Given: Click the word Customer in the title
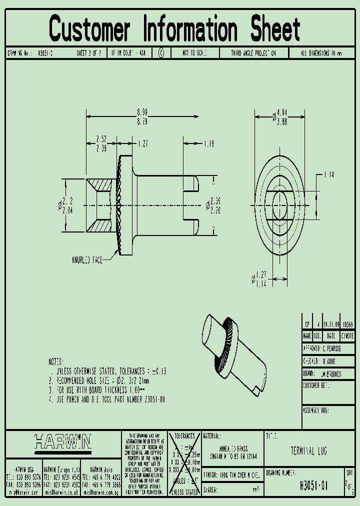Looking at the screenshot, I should point(90,28).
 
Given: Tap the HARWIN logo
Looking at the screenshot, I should point(62,441).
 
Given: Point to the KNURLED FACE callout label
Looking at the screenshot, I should point(87,259).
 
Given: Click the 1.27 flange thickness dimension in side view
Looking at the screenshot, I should point(143,143).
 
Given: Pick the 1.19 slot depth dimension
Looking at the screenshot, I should point(208,143).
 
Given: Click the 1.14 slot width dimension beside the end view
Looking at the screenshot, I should point(328,174).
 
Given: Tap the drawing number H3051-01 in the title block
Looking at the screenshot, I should point(313,484).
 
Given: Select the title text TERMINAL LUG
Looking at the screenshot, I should point(308,451).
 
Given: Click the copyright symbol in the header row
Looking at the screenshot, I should point(161,53).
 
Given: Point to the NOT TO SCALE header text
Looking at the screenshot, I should point(194,53).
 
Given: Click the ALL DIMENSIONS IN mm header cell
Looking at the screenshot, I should point(321,53).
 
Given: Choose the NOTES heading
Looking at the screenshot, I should point(55,361).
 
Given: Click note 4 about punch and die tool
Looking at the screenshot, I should point(107,399).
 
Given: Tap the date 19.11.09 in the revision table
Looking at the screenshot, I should point(331,324).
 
